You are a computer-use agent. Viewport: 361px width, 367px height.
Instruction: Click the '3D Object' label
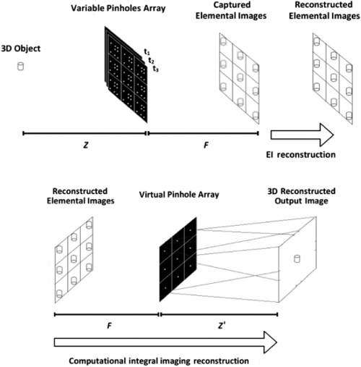(x=21, y=48)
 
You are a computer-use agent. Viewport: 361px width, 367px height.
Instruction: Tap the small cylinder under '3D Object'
(x=21, y=67)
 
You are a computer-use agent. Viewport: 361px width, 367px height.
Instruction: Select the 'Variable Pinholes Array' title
(x=118, y=8)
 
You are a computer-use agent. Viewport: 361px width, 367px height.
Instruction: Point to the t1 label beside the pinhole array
(x=147, y=52)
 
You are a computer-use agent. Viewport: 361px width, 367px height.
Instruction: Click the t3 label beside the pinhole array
(x=156, y=69)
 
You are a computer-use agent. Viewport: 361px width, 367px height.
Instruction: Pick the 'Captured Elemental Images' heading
(x=231, y=10)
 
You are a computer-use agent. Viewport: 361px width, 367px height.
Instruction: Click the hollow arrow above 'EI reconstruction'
(x=303, y=135)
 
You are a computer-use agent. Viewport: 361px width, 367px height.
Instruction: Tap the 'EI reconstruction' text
(x=300, y=155)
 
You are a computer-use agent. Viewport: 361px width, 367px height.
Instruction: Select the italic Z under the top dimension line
(x=86, y=145)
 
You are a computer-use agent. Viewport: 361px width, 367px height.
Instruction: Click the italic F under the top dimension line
(x=206, y=145)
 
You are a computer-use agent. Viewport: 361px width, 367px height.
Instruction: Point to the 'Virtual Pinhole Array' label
(x=179, y=195)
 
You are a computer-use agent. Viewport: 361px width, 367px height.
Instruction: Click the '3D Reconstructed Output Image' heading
(x=301, y=196)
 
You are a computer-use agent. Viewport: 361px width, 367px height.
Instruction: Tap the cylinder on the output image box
(x=297, y=258)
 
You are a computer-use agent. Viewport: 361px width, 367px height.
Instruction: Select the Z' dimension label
(x=222, y=326)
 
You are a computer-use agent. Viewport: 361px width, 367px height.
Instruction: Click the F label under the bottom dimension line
(x=110, y=326)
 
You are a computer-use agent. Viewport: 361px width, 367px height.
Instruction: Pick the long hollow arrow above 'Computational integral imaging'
(x=165, y=342)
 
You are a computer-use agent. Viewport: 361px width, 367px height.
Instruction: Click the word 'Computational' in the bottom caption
(x=97, y=361)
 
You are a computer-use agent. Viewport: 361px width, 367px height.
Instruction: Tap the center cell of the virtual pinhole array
(x=178, y=259)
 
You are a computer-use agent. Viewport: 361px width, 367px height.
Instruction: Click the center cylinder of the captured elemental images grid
(x=240, y=77)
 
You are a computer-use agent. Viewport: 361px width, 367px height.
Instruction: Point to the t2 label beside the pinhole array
(x=151, y=60)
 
